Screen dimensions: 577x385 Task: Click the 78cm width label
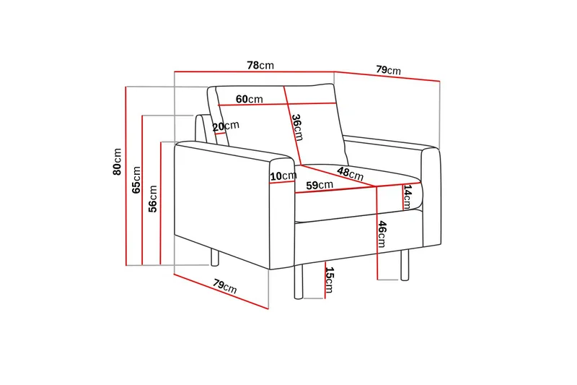(260, 66)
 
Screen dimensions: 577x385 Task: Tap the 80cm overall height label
(117, 162)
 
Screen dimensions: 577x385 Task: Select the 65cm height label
(136, 180)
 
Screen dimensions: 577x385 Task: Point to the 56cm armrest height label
(153, 199)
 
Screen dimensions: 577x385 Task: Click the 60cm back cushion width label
(249, 99)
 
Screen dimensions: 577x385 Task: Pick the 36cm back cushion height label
(297, 127)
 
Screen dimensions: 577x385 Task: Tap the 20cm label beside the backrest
(226, 126)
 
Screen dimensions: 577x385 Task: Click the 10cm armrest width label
(283, 176)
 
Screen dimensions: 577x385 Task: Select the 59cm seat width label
(320, 185)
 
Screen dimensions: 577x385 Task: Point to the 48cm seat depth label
(351, 173)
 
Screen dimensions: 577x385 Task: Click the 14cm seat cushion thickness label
(408, 196)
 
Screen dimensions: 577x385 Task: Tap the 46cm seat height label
(382, 234)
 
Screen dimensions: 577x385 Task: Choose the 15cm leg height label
(330, 280)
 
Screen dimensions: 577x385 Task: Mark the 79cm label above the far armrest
(388, 69)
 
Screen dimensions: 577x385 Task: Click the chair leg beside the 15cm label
(299, 282)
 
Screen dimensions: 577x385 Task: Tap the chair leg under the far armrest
(405, 264)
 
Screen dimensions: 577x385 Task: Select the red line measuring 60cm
(277, 104)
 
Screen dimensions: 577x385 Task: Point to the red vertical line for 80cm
(125, 176)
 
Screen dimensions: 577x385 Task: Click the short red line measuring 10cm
(283, 182)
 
